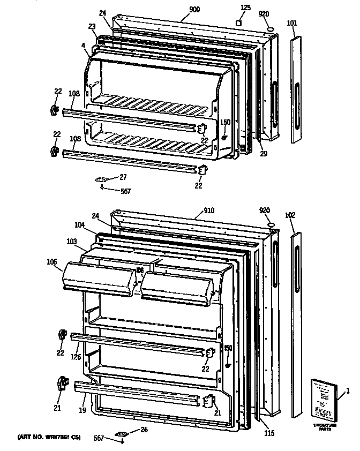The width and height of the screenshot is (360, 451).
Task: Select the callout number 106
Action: point(52,262)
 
